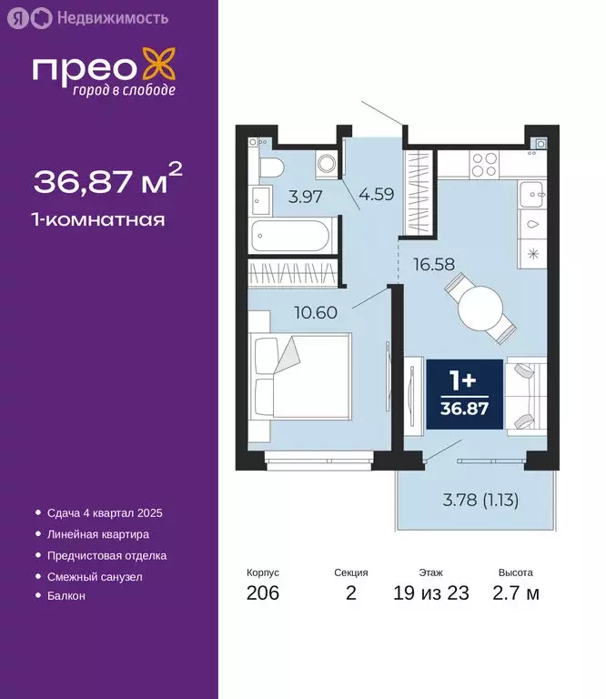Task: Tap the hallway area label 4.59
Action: click(x=376, y=194)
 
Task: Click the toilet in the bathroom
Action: click(x=270, y=166)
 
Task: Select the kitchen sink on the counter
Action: click(x=531, y=193)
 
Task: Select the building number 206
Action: click(x=262, y=593)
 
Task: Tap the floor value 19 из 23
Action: click(x=431, y=593)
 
